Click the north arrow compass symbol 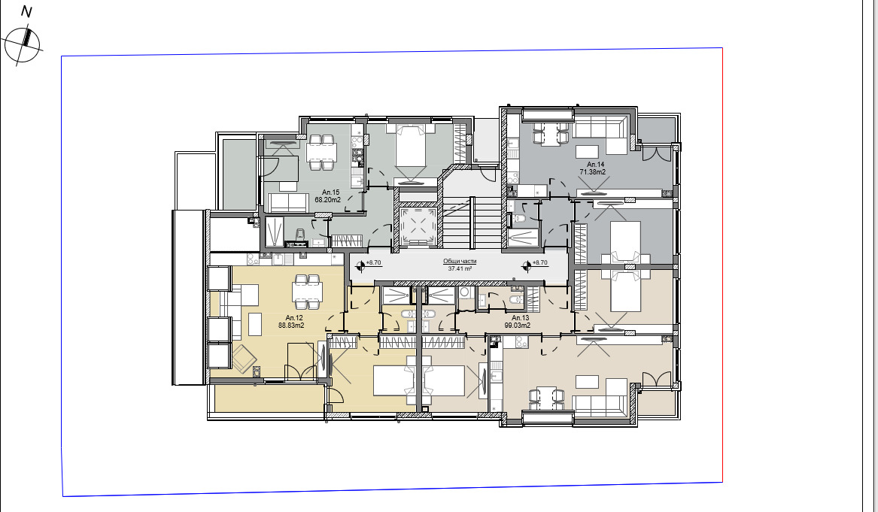(22, 44)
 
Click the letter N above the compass (26, 12)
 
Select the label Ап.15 (330, 192)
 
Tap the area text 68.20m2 (328, 200)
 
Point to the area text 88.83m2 (290, 326)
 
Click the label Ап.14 (595, 164)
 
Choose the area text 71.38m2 (594, 171)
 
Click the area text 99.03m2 (518, 326)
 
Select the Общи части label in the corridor (459, 261)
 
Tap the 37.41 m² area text (459, 268)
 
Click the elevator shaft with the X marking (417, 226)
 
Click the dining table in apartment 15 (321, 152)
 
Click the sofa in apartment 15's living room (288, 201)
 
